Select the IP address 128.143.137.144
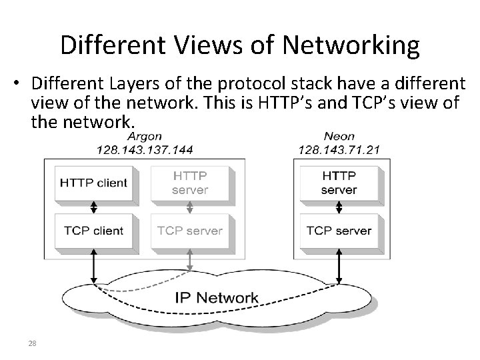coord(145,149)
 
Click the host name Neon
coord(339,137)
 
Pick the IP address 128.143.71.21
coord(339,149)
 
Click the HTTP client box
coord(93,183)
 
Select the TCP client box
coord(93,231)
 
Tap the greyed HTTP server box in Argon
coord(190,183)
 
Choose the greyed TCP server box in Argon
coord(190,231)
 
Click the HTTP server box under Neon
coord(339,183)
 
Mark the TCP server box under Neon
coord(339,231)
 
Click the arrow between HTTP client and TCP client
coord(93,207)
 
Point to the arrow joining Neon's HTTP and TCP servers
coord(339,207)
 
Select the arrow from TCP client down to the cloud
coord(93,267)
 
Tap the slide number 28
coord(32,344)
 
